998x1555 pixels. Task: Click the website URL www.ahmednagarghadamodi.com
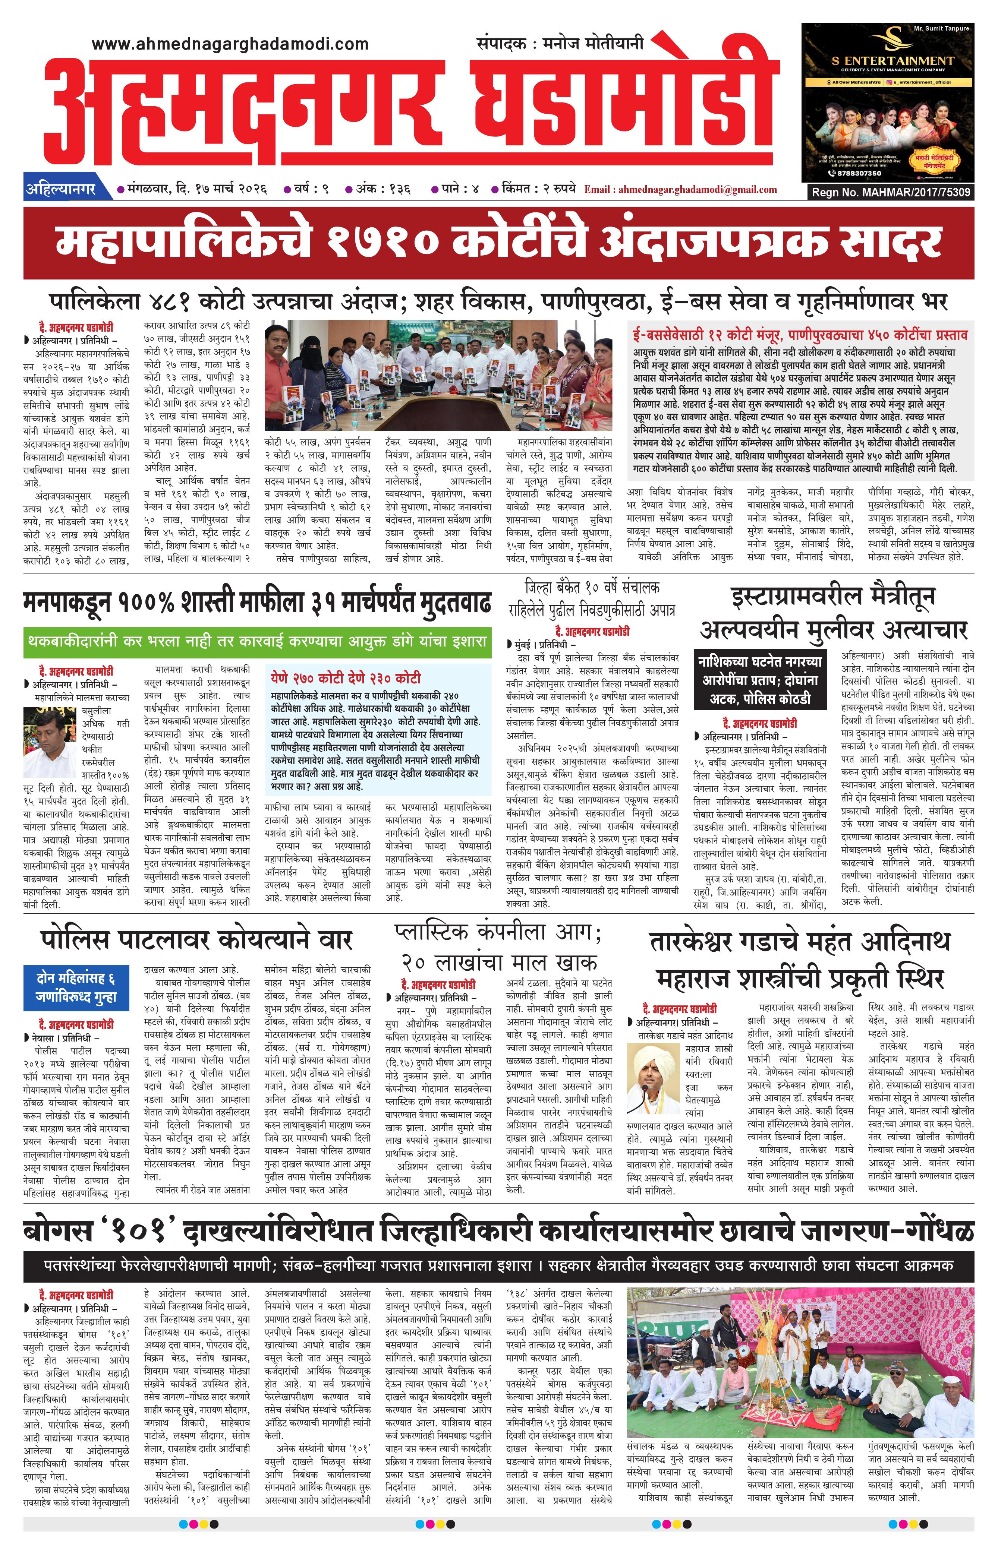pyautogui.click(x=230, y=44)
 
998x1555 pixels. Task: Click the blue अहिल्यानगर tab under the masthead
pyautogui.click(x=60, y=189)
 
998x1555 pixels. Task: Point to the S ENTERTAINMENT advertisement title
pyautogui.click(x=892, y=61)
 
